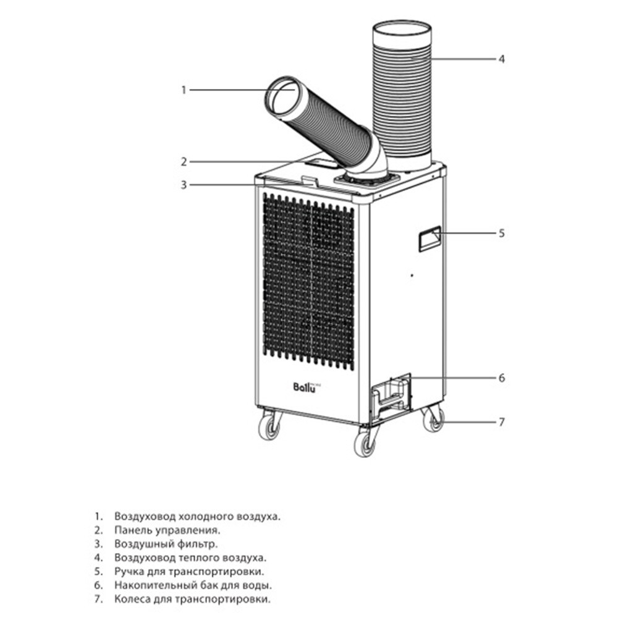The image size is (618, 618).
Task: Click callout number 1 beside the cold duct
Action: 184,90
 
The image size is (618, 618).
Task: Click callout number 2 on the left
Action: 184,162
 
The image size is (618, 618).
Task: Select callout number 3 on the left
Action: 184,184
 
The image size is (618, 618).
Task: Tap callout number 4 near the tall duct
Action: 502,59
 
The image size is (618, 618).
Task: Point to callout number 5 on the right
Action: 502,233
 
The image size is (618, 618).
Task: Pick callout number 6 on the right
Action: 502,378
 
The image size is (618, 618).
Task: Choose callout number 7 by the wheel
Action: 502,422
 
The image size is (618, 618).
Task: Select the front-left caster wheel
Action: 269,426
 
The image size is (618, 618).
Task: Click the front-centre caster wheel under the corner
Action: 366,442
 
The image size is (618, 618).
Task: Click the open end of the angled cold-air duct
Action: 285,97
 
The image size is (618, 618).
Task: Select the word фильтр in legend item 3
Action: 197,544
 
